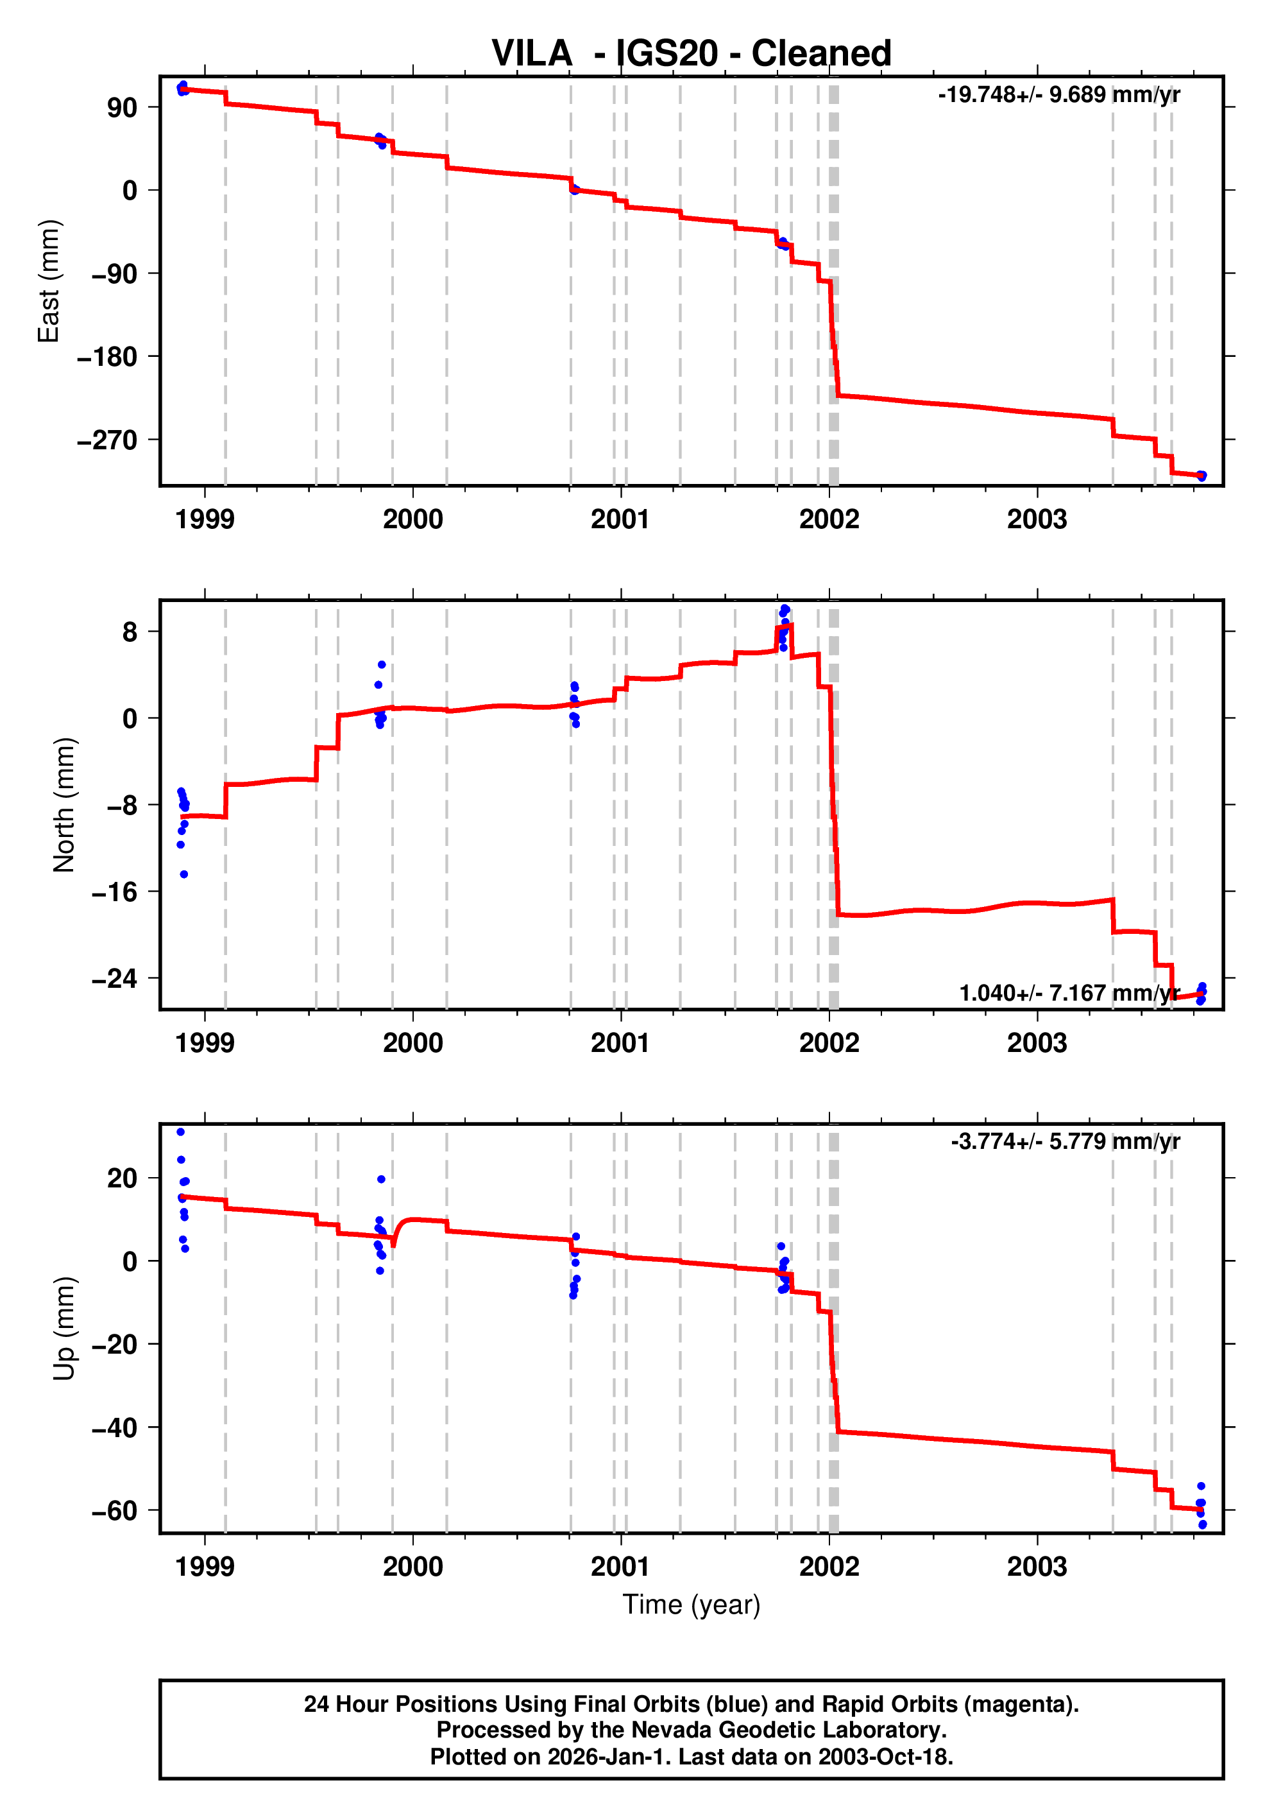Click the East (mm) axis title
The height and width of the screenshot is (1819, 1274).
(49, 281)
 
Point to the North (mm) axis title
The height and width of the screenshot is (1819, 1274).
(64, 805)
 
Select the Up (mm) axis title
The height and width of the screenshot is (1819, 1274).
(64, 1329)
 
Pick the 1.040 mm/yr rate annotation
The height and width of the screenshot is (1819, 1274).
(1069, 993)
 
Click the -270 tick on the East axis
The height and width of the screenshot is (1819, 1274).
(107, 440)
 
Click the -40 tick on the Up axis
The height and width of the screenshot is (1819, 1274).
(114, 1427)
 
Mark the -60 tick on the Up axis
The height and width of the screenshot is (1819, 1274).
(114, 1511)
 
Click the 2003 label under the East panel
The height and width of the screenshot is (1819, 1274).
(1037, 520)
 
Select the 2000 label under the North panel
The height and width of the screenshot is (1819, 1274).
(412, 1044)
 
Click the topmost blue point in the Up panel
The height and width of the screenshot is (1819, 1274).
(180, 1132)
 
